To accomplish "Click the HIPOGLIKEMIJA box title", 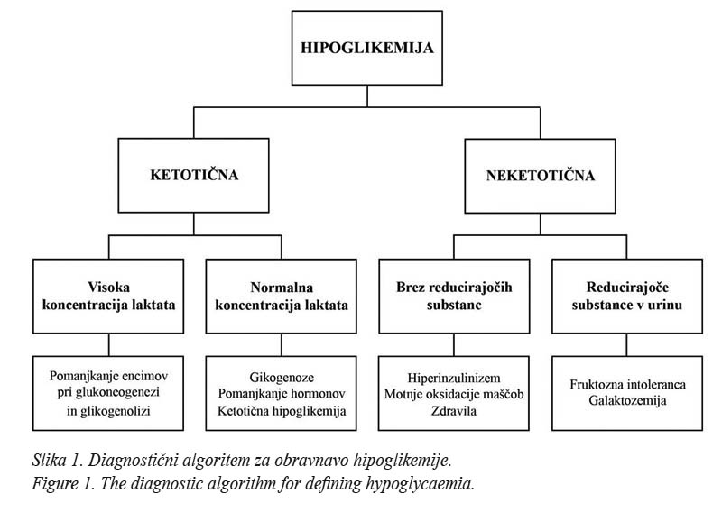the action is coord(367,48).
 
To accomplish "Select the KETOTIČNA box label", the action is coord(194,175).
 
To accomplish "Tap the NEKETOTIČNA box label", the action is coord(540,175).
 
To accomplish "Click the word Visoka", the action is coord(108,287).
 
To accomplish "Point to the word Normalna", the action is coord(282,288).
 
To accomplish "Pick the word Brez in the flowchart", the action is coord(411,287).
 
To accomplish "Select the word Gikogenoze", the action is coord(282,378).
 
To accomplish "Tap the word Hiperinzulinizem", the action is coord(454,378).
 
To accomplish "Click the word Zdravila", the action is coord(454,411).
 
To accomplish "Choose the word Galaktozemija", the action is coord(627,400).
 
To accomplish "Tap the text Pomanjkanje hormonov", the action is coord(282,394).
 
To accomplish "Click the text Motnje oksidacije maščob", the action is coord(454,394).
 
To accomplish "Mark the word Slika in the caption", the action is coord(49,460).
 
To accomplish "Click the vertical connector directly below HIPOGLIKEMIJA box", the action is coord(367,96).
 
